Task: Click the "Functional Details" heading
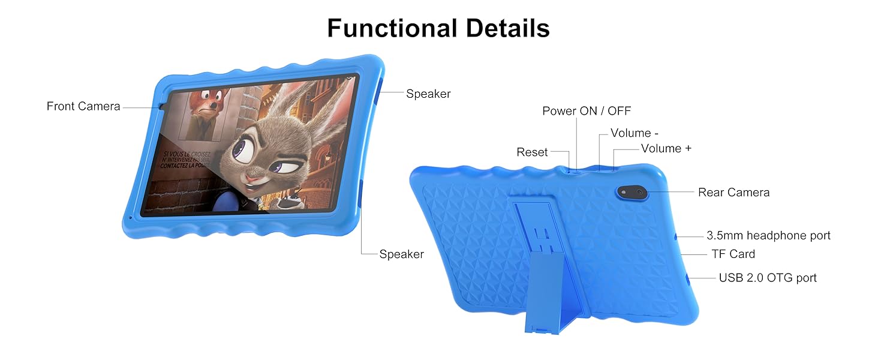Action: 438,28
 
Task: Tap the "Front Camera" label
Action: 83,106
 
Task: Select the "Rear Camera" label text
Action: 733,192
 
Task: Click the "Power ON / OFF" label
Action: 587,111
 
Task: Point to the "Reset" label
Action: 532,152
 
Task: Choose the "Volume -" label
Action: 630,133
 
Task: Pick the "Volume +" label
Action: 666,148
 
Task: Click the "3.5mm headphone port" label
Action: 768,236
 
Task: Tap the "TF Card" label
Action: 733,254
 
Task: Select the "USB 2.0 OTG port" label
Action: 768,278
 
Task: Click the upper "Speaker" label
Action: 428,94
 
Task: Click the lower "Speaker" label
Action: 401,254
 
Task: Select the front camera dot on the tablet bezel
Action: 163,107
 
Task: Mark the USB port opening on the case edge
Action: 687,279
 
